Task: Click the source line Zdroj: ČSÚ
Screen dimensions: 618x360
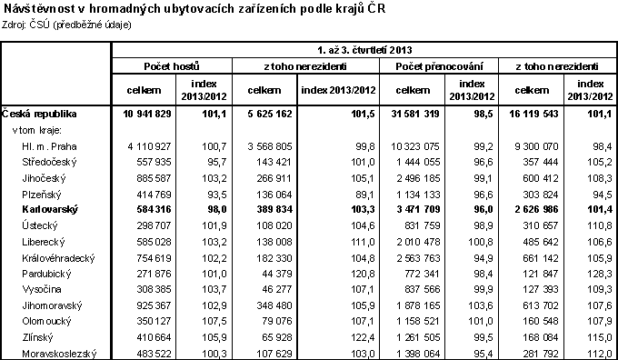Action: pyautogui.click(x=69, y=25)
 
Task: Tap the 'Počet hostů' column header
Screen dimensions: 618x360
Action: pyautogui.click(x=172, y=67)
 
